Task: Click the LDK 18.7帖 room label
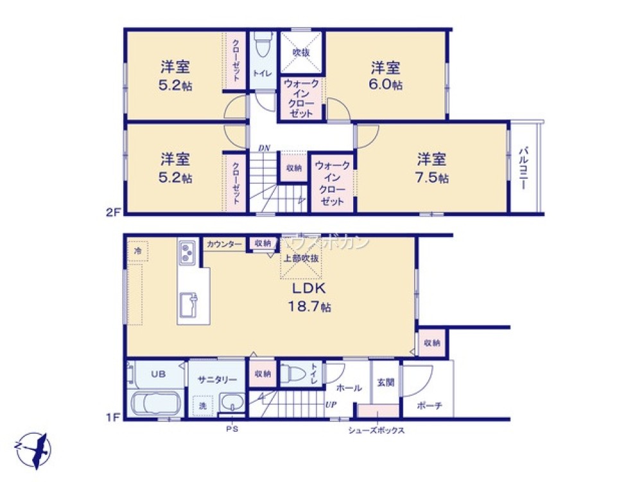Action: pyautogui.click(x=311, y=298)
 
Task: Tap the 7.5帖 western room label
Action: pyautogui.click(x=431, y=169)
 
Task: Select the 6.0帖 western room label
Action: pyautogui.click(x=386, y=76)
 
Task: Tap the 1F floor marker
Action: pyautogui.click(x=114, y=416)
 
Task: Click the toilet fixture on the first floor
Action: pyautogui.click(x=293, y=373)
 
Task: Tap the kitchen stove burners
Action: pyautogui.click(x=187, y=253)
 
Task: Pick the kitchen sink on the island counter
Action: pyautogui.click(x=189, y=304)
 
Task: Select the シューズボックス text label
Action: pyautogui.click(x=376, y=431)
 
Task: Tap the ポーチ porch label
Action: pyautogui.click(x=428, y=406)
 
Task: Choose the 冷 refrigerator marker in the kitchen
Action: pyautogui.click(x=137, y=251)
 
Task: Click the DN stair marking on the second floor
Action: pyautogui.click(x=264, y=148)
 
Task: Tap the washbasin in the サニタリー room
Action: pyautogui.click(x=231, y=404)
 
